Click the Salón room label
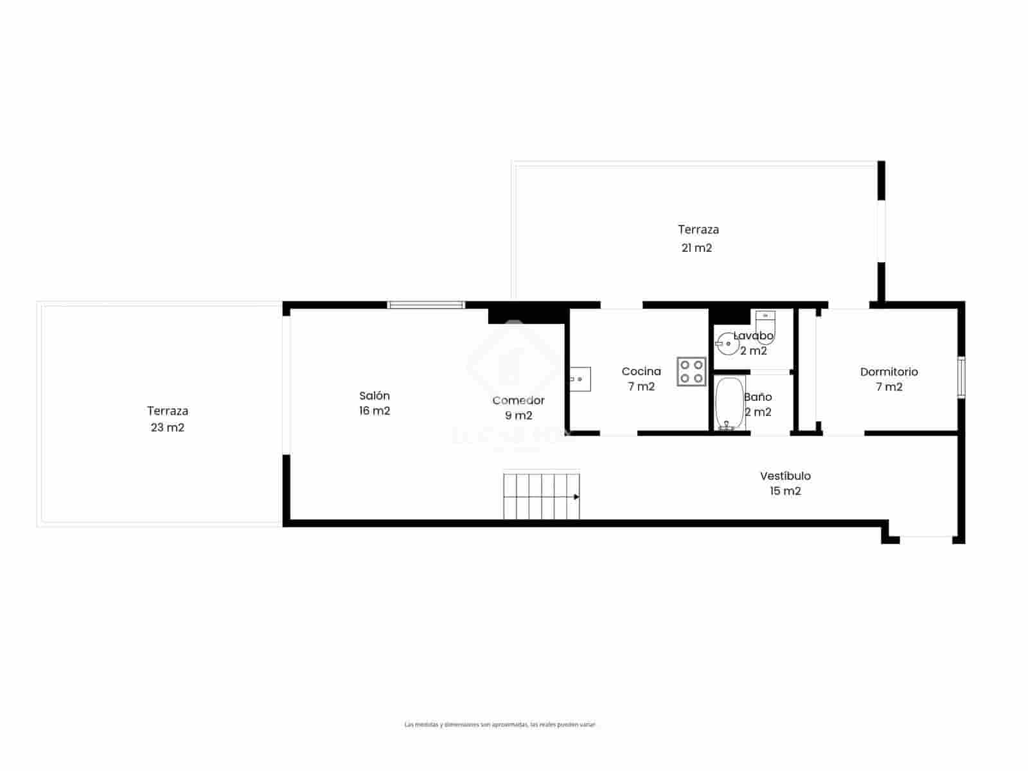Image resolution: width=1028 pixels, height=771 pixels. tap(374, 396)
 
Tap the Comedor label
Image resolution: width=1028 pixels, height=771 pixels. tap(518, 401)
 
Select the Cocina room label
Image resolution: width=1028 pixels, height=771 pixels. tap(641, 371)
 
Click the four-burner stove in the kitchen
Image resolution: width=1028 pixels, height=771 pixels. tap(691, 371)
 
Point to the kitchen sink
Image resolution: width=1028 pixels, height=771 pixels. tap(580, 379)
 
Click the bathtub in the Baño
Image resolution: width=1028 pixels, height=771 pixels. tap(729, 403)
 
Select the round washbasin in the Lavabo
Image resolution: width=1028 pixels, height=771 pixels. tap(728, 343)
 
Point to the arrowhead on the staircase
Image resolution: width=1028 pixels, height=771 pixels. tap(576, 497)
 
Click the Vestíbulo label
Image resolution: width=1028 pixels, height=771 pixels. tap(785, 476)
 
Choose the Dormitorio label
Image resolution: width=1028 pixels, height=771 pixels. tap(889, 372)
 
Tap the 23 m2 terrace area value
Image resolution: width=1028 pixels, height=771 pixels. tap(167, 428)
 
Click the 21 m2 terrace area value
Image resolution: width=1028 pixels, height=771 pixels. tap(696, 248)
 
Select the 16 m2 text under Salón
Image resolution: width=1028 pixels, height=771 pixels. tap(374, 411)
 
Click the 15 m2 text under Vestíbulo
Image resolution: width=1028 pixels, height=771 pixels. tap(785, 492)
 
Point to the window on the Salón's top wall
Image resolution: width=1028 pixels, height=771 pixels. tap(426, 305)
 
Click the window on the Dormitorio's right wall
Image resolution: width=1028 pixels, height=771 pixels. tap(961, 377)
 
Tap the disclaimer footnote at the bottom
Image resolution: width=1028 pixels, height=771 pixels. tap(500, 725)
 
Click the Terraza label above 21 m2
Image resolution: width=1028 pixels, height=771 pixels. tap(698, 229)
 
